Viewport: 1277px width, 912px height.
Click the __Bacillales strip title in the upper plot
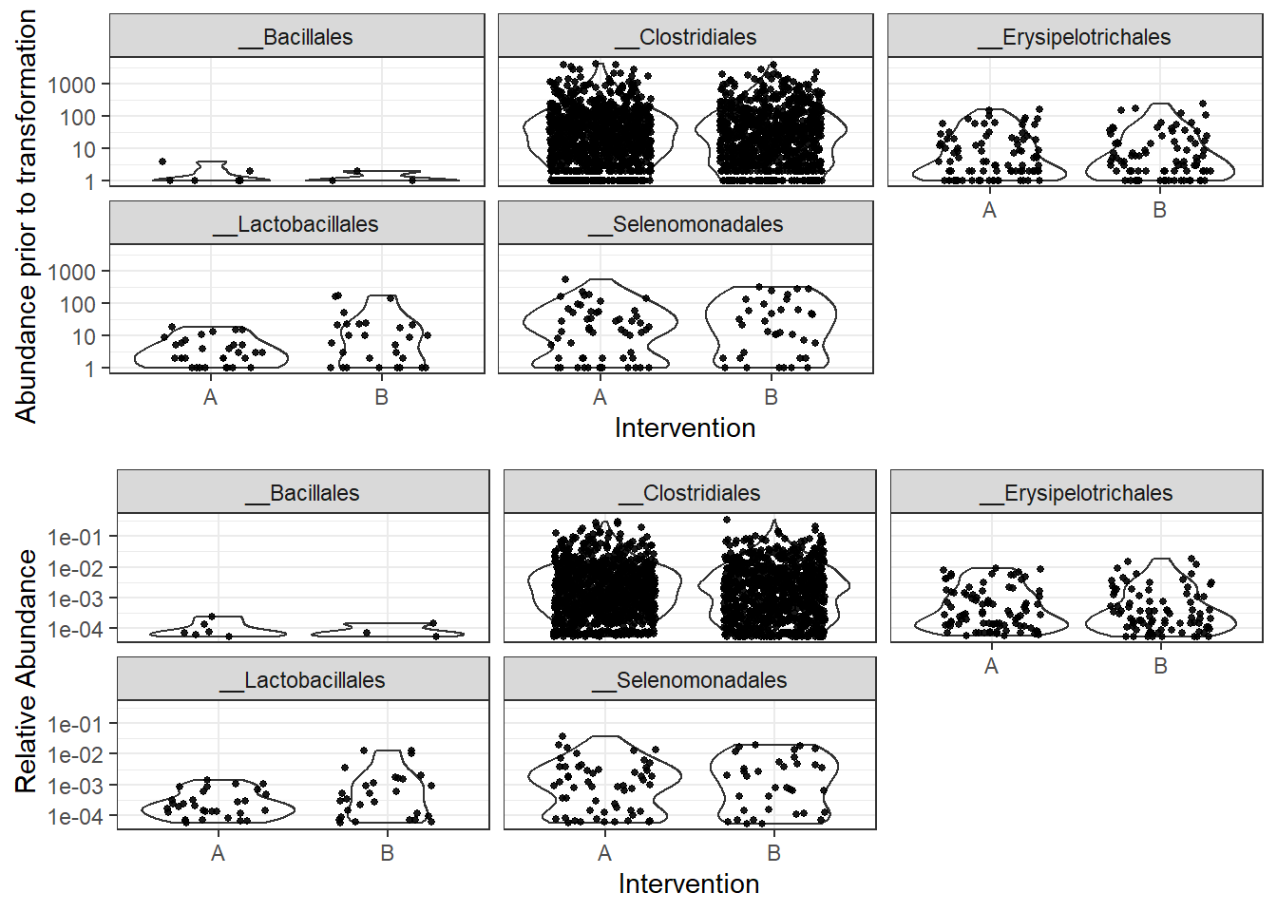coord(297,37)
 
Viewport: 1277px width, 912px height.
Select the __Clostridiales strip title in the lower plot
coord(690,493)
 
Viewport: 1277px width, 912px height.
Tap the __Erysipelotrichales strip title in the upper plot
coord(1075,37)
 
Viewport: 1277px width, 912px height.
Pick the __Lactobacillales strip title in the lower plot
coord(303,680)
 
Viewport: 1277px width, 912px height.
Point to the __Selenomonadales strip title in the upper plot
coord(686,224)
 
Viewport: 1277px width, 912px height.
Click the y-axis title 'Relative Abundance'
coord(26,671)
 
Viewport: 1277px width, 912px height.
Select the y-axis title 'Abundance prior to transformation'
coord(26,217)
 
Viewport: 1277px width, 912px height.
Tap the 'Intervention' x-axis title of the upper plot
coord(685,427)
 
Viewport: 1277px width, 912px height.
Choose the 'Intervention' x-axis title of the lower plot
coord(689,883)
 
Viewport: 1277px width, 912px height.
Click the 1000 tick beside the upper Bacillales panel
coord(72,85)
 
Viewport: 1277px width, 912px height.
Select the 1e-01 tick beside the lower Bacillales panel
coord(75,538)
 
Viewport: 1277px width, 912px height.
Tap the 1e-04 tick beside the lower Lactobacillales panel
coord(75,816)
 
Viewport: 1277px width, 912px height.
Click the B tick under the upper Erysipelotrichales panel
coord(1159,210)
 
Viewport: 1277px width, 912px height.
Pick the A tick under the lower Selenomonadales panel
coord(604,853)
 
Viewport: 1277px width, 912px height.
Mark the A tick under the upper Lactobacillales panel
coord(210,397)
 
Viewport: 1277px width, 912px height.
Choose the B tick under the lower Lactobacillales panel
coord(387,853)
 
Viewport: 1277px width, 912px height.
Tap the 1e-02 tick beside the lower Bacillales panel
coord(75,568)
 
